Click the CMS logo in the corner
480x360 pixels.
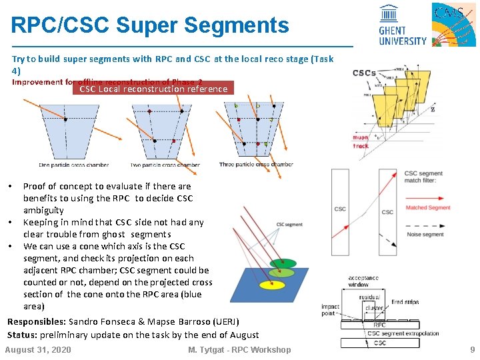[453, 24]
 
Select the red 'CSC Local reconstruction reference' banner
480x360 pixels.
[153, 89]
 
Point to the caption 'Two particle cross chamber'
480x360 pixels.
[165, 165]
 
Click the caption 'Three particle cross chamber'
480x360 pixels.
[256, 165]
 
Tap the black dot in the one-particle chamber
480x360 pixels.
[65, 119]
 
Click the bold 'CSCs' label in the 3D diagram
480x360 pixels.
[364, 73]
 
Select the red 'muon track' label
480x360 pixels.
[361, 142]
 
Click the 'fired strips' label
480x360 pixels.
[405, 302]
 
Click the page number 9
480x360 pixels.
[472, 349]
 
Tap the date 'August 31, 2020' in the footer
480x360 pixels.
[38, 349]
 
